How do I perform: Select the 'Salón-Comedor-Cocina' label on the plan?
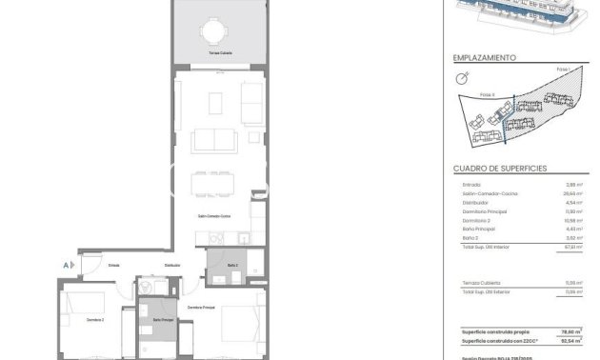coord(213,217)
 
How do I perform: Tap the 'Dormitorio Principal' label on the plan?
coord(202,308)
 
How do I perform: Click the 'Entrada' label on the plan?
coord(113,265)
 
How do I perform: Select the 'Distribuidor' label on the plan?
coord(172,265)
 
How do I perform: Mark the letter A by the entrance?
coord(65,265)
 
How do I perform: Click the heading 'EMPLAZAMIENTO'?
coord(485,57)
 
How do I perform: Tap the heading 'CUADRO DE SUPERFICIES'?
coord(500,167)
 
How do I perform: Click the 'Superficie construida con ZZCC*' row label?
coord(496,338)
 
